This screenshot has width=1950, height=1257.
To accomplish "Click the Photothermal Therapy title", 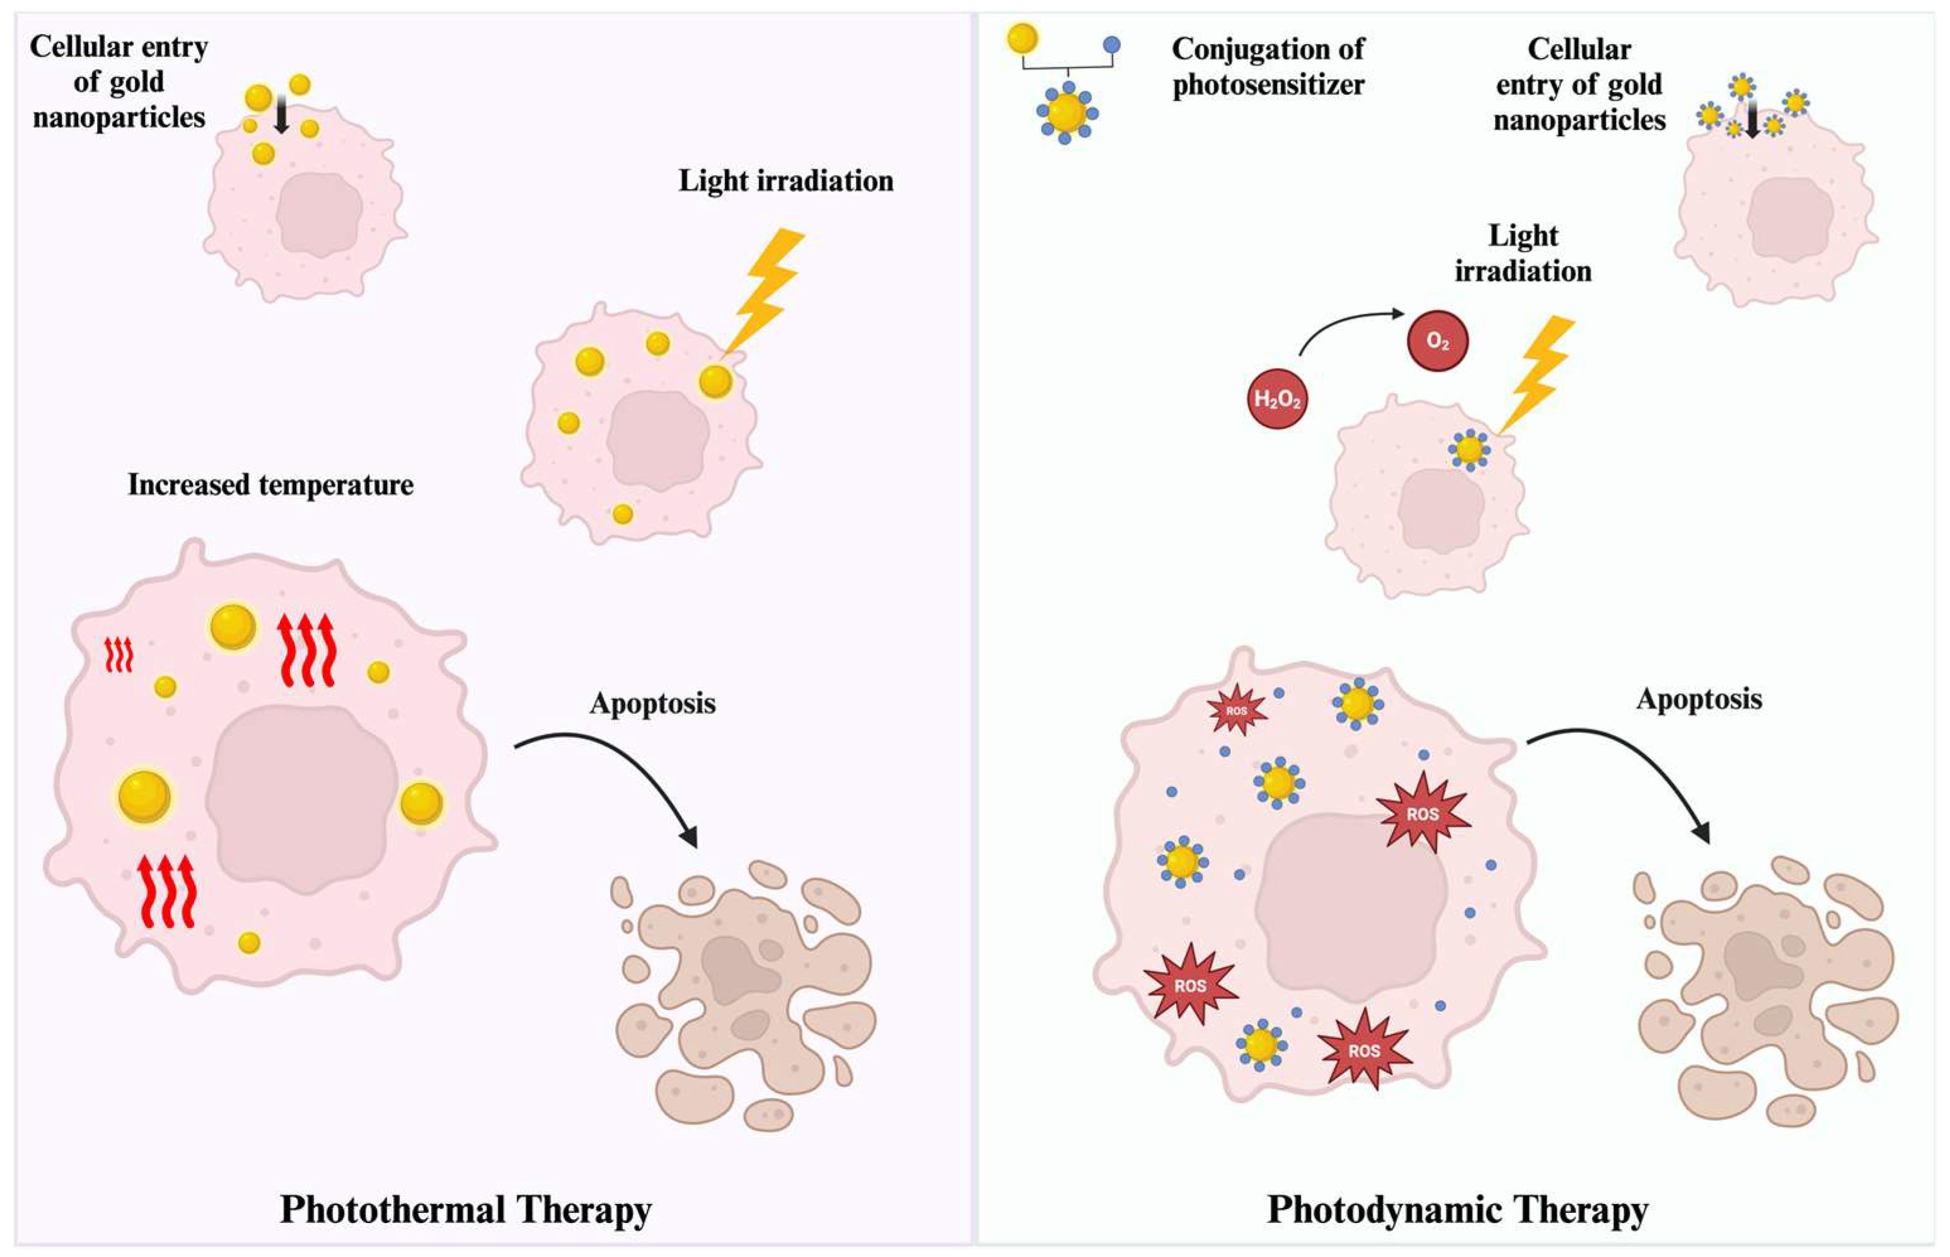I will (465, 1209).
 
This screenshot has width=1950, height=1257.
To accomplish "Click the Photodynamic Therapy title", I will (1457, 1209).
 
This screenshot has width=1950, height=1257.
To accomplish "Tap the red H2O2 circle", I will (1278, 399).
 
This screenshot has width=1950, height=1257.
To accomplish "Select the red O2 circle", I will (1438, 342).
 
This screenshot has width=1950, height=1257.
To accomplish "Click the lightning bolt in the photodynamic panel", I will (1538, 371).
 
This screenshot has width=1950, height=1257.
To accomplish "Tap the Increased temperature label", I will (270, 485).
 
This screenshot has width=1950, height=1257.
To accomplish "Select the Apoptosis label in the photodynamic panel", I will (1699, 699).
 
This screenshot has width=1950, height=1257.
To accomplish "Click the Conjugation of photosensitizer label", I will (1267, 67).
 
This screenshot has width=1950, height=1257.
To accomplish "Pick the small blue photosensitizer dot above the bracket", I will (1111, 45).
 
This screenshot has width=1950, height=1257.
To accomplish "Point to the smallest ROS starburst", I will (1237, 711).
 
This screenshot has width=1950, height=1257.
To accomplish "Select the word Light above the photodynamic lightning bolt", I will (1523, 236).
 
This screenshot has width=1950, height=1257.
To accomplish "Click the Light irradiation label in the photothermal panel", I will (786, 180).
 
